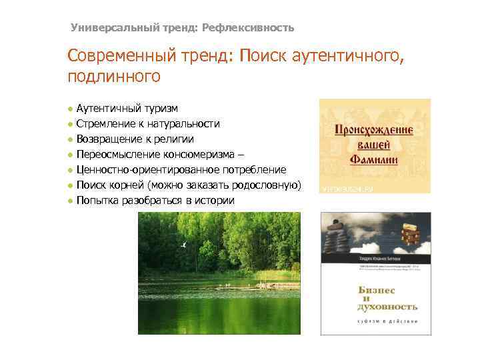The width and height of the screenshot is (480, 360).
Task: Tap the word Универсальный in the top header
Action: pos(106,28)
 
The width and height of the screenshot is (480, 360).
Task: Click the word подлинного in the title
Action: pos(114,77)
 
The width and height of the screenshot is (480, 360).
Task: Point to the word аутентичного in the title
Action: pos(347,57)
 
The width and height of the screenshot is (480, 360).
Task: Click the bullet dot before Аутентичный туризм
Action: pos(70,109)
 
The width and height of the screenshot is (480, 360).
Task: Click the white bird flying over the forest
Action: pos(184,245)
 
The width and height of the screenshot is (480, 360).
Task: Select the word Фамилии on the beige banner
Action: pos(375,159)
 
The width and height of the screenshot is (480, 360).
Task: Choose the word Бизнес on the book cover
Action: pos(377,291)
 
